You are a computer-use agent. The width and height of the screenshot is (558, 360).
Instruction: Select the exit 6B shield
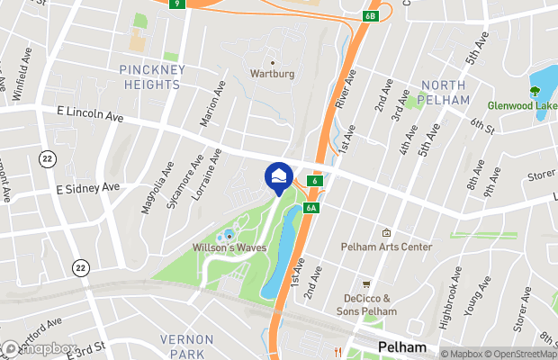pyautogui.click(x=372, y=16)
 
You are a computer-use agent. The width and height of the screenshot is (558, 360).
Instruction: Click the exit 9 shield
pyautogui.click(x=177, y=4)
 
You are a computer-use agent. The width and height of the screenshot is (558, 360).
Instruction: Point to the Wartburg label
pyautogui.click(x=272, y=74)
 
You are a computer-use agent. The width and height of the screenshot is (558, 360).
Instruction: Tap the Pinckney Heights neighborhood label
pyautogui.click(x=150, y=77)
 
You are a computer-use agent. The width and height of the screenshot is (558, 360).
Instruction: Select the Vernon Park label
pyautogui.click(x=186, y=346)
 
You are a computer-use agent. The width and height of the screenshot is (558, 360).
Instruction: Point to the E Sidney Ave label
pyautogui.click(x=87, y=187)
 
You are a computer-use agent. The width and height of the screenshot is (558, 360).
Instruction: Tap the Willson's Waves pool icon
pyautogui.click(x=229, y=235)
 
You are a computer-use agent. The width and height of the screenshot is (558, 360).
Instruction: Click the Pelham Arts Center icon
pyautogui.click(x=386, y=232)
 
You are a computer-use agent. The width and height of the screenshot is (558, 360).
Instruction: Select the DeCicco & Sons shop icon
pyautogui.click(x=366, y=283)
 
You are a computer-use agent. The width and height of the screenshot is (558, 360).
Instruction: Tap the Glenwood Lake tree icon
pyautogui.click(x=535, y=91)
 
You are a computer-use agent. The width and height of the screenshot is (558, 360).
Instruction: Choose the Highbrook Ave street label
pyautogui.click(x=449, y=297)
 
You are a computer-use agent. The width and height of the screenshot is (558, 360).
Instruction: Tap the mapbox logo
pyautogui.click(x=40, y=348)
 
